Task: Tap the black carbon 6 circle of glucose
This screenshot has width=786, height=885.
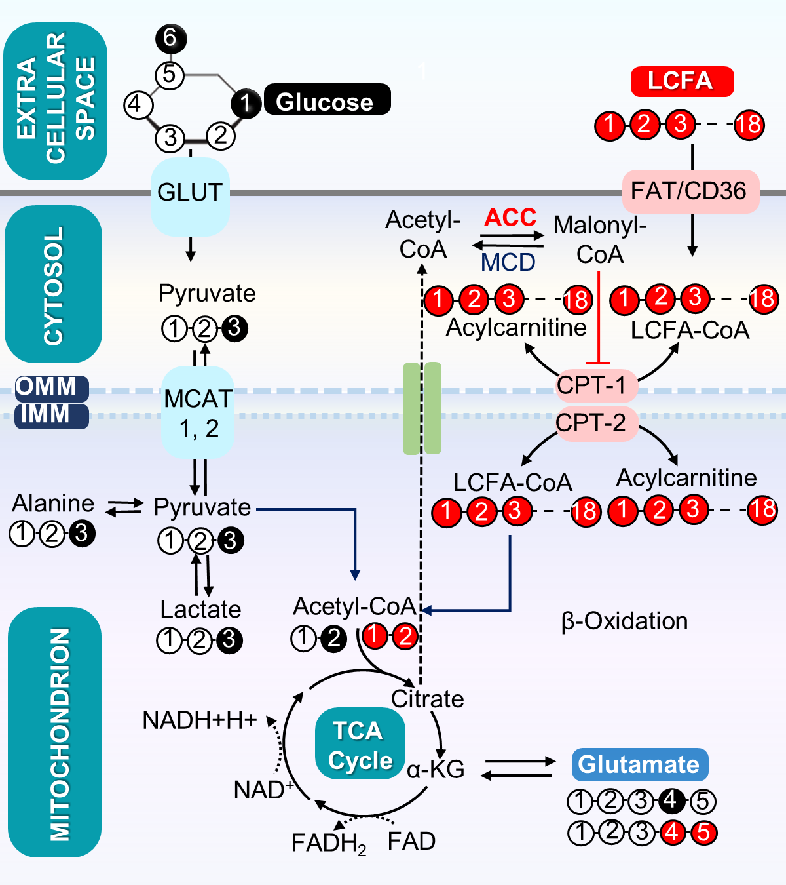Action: tap(170, 38)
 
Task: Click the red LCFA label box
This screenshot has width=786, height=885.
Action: tap(682, 81)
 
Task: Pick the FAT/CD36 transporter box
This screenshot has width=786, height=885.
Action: tap(690, 191)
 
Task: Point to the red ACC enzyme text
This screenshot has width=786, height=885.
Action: tap(510, 218)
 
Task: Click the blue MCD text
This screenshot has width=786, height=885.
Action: tap(508, 262)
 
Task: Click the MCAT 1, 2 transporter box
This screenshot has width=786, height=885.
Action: tap(198, 412)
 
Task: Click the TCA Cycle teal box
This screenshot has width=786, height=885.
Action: tap(360, 744)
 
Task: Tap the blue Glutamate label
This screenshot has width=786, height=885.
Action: tap(639, 764)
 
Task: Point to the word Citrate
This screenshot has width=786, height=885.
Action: tap(427, 699)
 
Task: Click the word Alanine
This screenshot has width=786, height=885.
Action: tap(53, 503)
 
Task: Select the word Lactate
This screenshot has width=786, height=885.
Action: tap(200, 610)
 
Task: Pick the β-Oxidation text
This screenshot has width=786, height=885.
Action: tap(624, 621)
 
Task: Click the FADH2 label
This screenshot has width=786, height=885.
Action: tap(328, 843)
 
